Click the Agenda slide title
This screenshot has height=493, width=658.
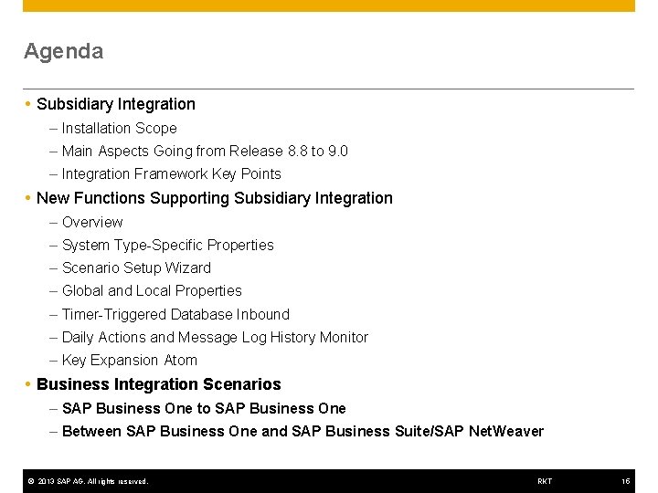(63, 51)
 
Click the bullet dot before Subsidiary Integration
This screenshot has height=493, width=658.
(28, 105)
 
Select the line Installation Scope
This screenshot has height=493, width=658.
(119, 129)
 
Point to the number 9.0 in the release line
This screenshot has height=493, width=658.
(337, 152)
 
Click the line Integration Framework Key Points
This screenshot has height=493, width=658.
(171, 174)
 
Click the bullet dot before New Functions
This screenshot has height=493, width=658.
(28, 198)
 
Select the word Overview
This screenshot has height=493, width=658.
(92, 222)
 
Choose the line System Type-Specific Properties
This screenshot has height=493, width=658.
(167, 245)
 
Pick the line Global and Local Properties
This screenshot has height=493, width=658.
(152, 290)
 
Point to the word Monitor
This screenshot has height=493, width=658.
(343, 337)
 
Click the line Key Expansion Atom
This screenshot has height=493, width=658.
(129, 361)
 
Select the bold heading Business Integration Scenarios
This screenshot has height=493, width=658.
(159, 384)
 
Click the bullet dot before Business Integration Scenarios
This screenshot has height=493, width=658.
(28, 384)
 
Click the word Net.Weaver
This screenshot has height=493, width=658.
(505, 431)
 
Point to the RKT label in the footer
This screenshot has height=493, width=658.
(545, 481)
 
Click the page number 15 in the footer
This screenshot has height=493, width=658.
(626, 481)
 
